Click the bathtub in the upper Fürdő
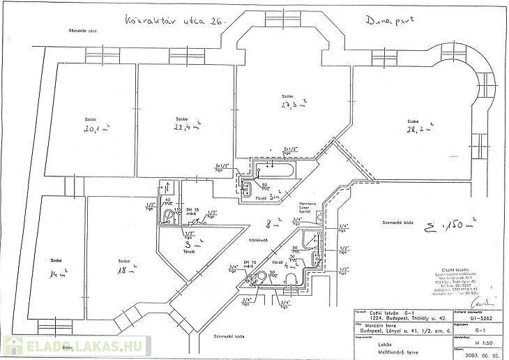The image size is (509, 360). tap(275, 168)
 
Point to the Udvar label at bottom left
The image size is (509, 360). tap(67, 346)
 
